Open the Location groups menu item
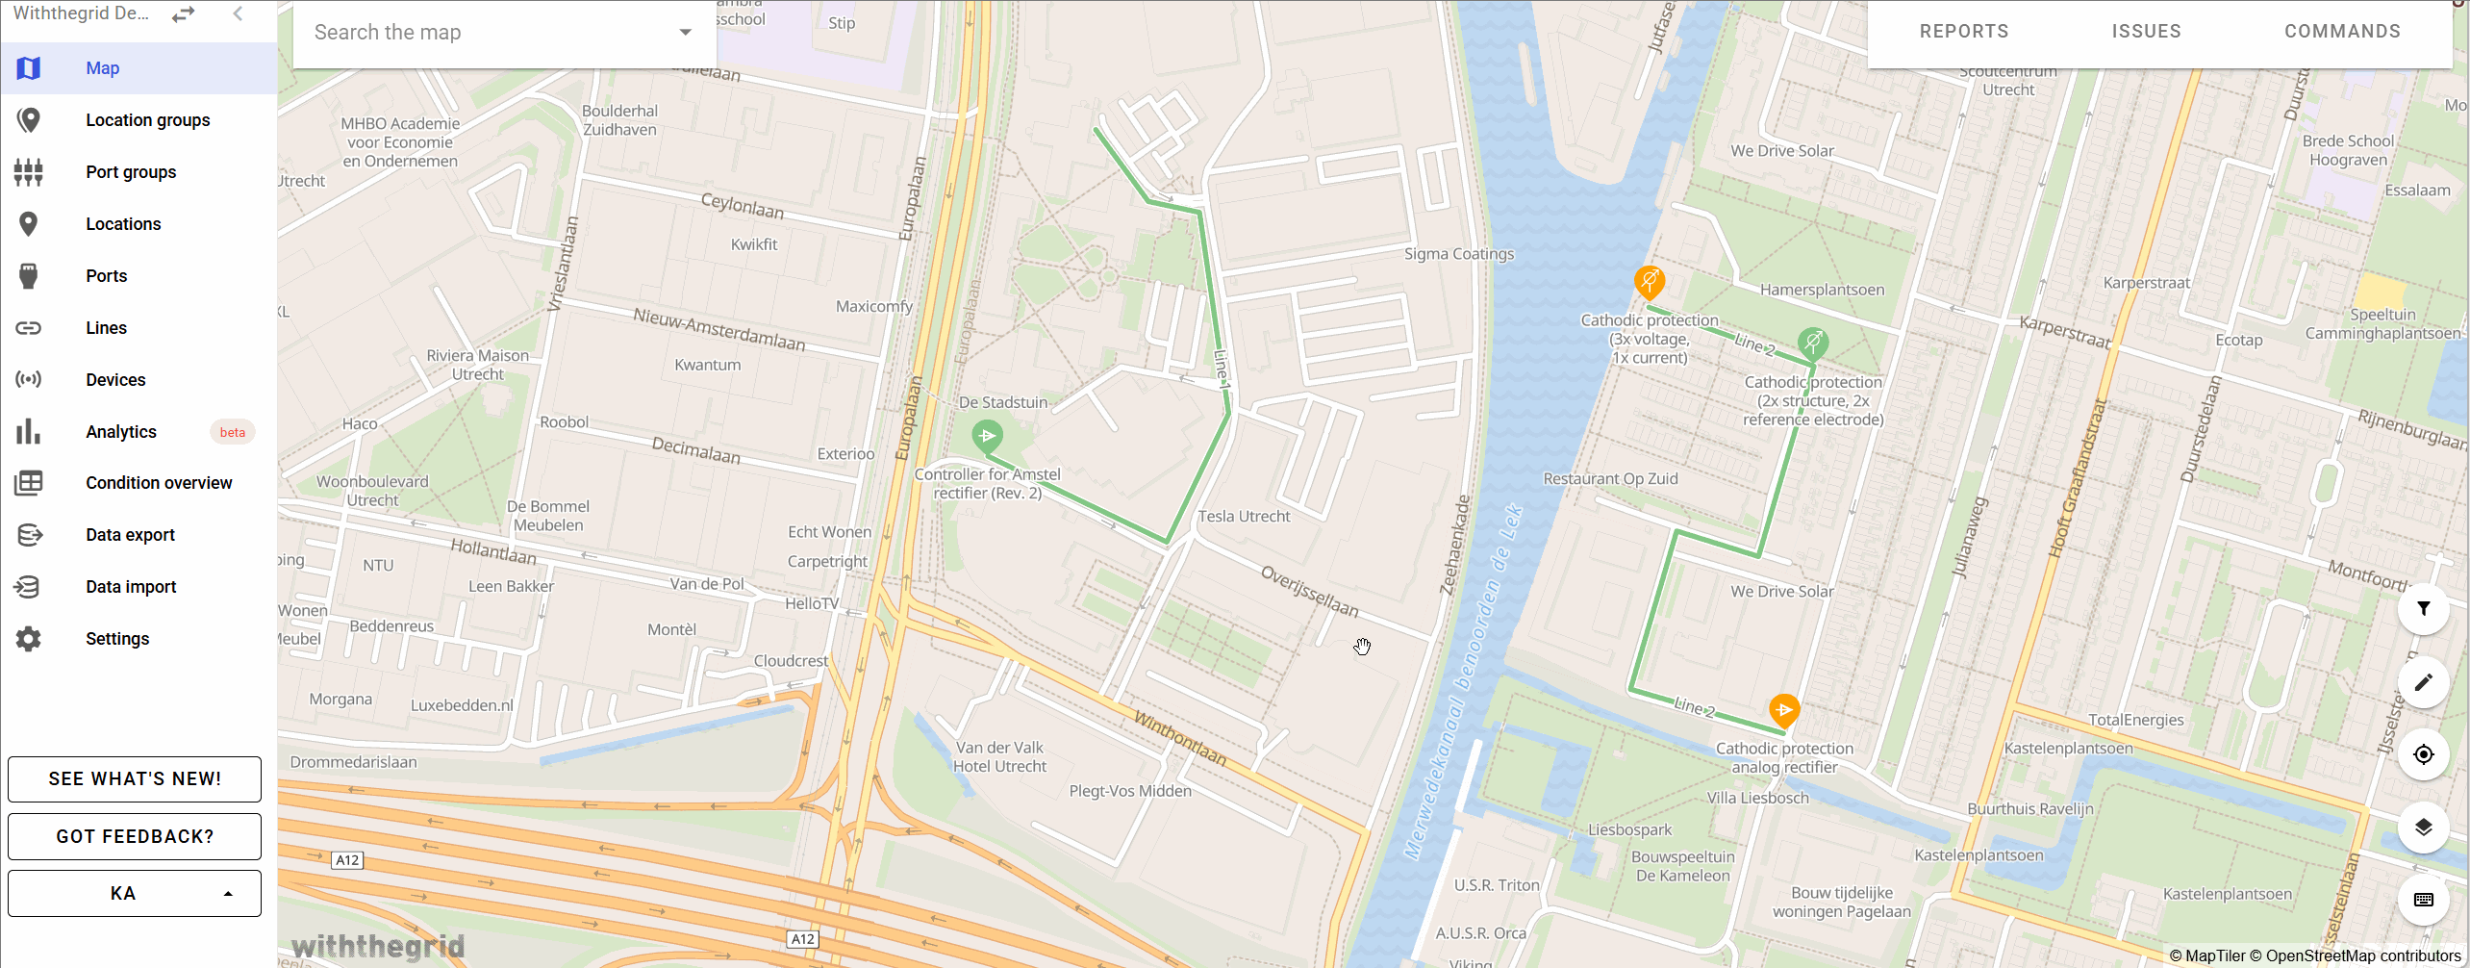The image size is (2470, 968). (x=147, y=120)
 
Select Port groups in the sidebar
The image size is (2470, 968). (x=131, y=172)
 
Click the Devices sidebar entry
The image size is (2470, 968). (x=115, y=380)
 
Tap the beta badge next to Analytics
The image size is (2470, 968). (x=232, y=432)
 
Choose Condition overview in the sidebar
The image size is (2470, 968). (x=159, y=483)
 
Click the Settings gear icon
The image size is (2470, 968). (x=29, y=639)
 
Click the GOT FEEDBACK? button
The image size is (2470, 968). (x=135, y=836)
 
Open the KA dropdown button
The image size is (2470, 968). (x=135, y=893)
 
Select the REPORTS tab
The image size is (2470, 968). (x=1964, y=31)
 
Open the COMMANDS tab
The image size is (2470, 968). (x=2342, y=31)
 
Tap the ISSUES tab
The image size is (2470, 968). (x=2146, y=31)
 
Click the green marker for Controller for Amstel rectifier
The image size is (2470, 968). (x=987, y=436)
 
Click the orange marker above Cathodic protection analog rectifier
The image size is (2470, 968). (x=1784, y=710)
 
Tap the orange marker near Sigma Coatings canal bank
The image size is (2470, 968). (x=1650, y=281)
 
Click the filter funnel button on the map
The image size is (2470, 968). (x=2423, y=608)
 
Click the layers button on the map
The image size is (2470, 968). (x=2423, y=827)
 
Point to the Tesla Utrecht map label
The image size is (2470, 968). (x=1244, y=517)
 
